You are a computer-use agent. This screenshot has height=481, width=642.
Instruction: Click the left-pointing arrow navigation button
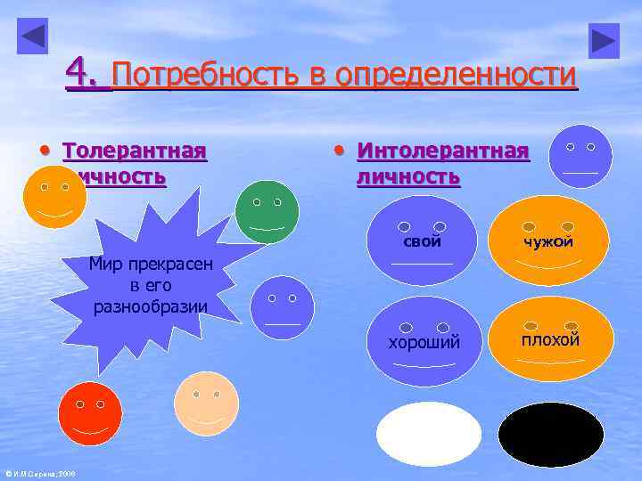33,37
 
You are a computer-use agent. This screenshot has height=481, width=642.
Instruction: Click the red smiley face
89,413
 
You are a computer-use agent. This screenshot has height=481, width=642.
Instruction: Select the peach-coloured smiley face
207,404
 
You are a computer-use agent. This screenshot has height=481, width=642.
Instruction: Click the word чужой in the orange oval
548,241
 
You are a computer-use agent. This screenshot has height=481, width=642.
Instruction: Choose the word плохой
551,339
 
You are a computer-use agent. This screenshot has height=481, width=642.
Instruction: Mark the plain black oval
550,435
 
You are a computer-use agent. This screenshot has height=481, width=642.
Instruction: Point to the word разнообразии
150,306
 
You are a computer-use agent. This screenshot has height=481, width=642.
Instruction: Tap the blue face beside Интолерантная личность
580,157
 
